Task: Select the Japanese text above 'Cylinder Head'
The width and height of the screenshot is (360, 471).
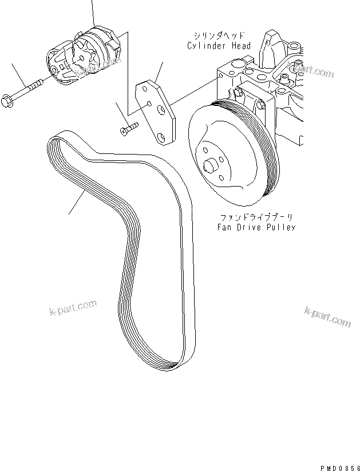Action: point(218,36)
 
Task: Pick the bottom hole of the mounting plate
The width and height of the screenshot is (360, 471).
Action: point(163,137)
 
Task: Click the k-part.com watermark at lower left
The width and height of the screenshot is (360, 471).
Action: point(72,310)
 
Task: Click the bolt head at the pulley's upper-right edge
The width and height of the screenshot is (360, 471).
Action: point(260,104)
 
